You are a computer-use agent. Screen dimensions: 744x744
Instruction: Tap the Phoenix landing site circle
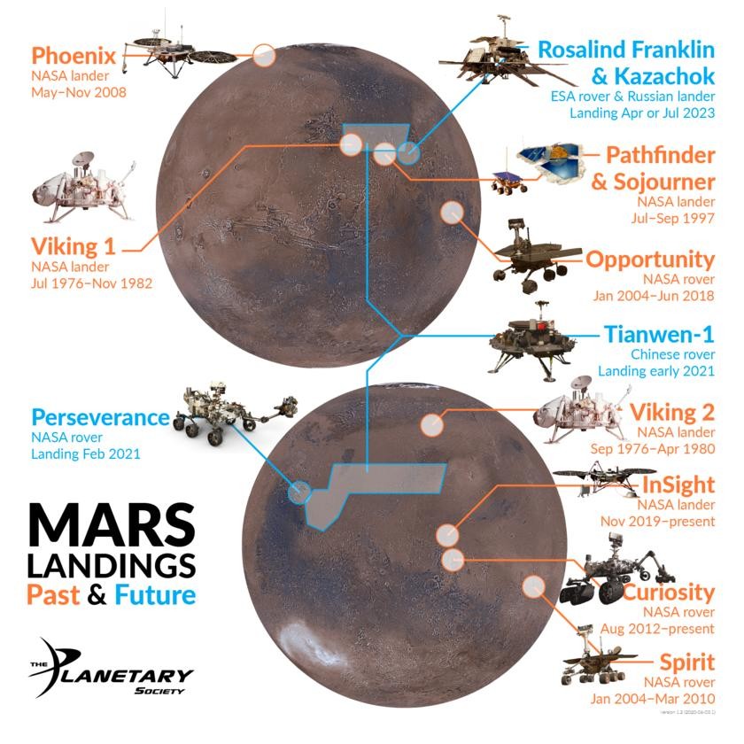[x=263, y=55]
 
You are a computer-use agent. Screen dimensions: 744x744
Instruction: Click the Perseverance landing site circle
[x=299, y=491]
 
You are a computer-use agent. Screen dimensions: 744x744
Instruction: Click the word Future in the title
[x=153, y=593]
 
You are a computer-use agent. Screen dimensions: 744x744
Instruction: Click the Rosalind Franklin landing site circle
[x=407, y=153]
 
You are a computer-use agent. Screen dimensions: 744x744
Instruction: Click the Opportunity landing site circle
[x=452, y=212]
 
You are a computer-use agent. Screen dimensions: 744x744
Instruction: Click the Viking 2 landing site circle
[x=431, y=424]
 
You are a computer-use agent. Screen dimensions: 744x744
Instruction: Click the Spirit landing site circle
[x=533, y=585]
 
